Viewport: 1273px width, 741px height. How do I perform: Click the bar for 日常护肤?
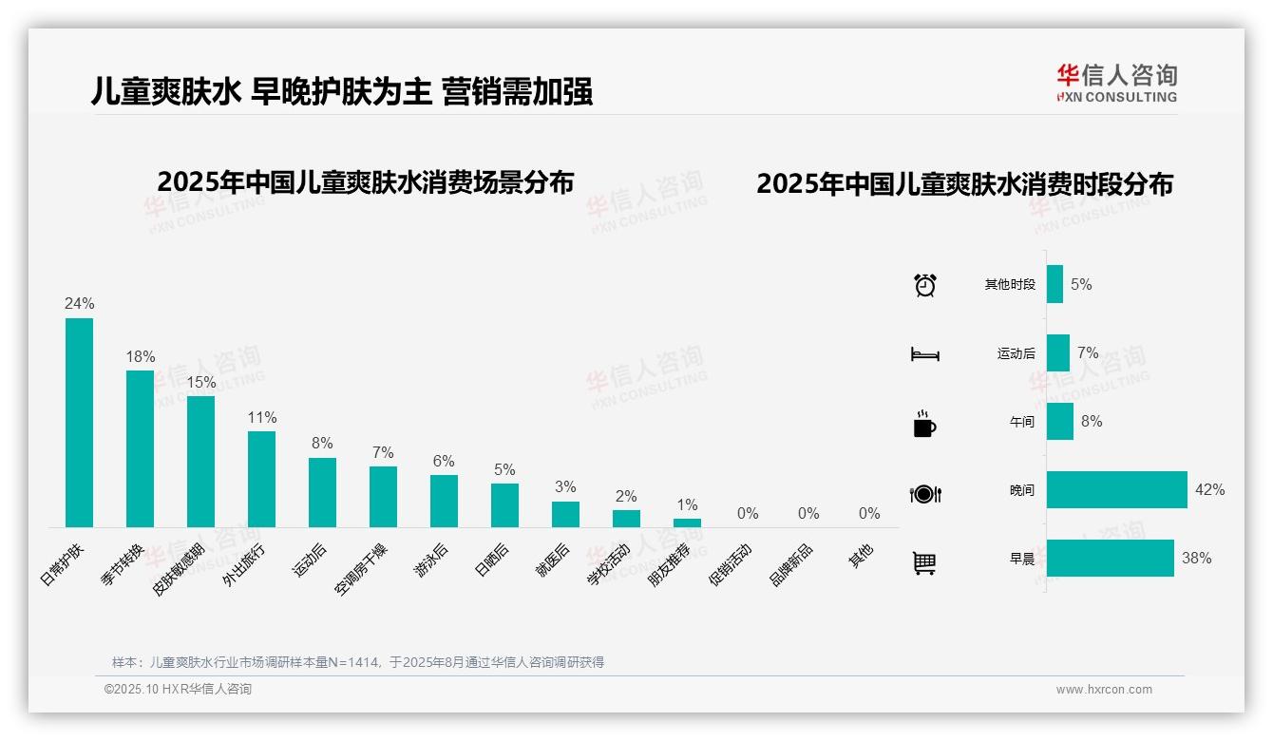(x=79, y=422)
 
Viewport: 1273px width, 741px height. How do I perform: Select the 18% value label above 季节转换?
(x=141, y=356)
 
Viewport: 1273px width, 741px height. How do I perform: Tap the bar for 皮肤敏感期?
(x=200, y=461)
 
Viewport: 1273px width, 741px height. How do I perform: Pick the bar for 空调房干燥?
(x=383, y=496)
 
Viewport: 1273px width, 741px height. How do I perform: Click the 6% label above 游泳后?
(x=444, y=461)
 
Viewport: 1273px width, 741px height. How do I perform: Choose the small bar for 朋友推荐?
(x=687, y=522)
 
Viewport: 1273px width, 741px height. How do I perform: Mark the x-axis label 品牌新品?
(x=791, y=564)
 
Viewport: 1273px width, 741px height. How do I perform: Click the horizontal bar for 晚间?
(x=1116, y=490)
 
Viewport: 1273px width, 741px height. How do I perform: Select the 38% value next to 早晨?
(x=1196, y=559)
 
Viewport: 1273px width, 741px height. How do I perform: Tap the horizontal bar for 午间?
(x=1059, y=422)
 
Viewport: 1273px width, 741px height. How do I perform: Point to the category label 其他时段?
(x=1010, y=284)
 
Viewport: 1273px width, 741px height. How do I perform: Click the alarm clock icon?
(x=924, y=284)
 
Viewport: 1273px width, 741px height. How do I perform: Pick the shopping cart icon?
(x=924, y=562)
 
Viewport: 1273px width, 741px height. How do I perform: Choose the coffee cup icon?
(x=924, y=424)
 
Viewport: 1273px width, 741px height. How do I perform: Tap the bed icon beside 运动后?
(x=924, y=354)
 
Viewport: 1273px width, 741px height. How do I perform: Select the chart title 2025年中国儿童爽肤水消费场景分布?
(x=366, y=182)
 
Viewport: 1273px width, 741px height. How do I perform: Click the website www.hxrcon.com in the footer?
(x=1104, y=690)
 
